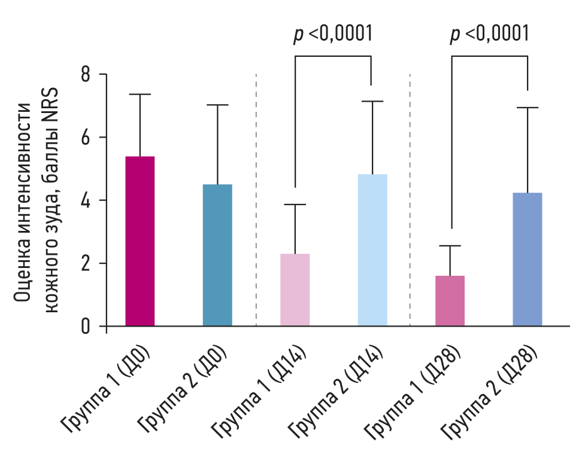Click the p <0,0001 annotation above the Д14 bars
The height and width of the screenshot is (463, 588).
pyautogui.click(x=333, y=34)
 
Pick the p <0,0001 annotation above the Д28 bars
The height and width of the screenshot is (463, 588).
pyautogui.click(x=490, y=34)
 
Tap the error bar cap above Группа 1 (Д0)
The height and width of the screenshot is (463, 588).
pyautogui.click(x=140, y=95)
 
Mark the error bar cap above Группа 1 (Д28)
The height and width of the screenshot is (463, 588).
pyautogui.click(x=450, y=246)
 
